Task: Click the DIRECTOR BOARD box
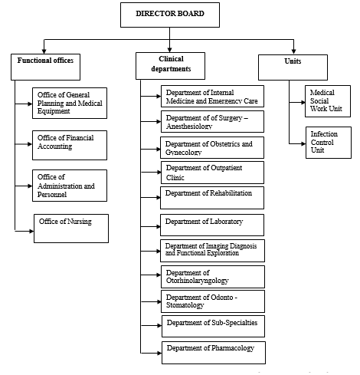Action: (x=170, y=15)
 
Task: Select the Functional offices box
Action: (x=45, y=67)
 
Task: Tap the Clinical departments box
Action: (x=170, y=66)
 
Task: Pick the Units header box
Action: (x=293, y=67)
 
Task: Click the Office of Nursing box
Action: (x=71, y=229)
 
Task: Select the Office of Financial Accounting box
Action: (x=70, y=145)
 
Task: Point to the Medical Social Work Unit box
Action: (x=328, y=101)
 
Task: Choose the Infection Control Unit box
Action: (x=329, y=143)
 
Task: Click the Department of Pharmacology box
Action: (x=214, y=353)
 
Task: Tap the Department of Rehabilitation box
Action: (x=212, y=198)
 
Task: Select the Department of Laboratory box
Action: (x=212, y=225)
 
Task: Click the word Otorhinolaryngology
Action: (x=198, y=281)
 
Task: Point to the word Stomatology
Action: (x=185, y=305)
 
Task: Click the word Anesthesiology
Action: (x=189, y=126)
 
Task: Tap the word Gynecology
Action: (x=184, y=153)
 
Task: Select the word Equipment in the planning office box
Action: (x=54, y=111)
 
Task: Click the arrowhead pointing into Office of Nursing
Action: (x=31, y=231)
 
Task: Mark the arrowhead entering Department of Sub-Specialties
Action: (x=159, y=325)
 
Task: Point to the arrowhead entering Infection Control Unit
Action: (x=303, y=143)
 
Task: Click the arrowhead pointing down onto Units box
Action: (x=293, y=51)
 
